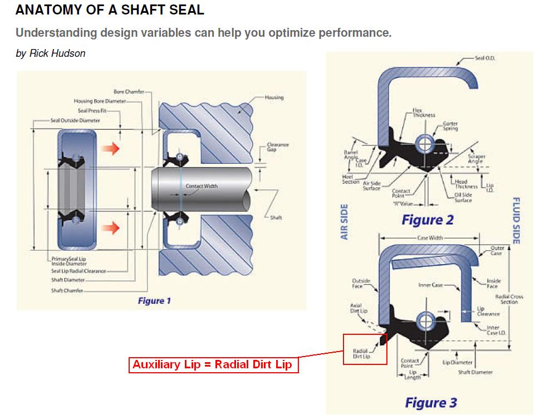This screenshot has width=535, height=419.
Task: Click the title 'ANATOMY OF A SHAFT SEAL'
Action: pyautogui.click(x=110, y=10)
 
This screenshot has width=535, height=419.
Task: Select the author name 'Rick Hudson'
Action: pyautogui.click(x=57, y=53)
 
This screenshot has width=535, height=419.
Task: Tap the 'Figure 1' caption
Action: pyautogui.click(x=154, y=301)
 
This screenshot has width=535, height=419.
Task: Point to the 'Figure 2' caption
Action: pyautogui.click(x=428, y=220)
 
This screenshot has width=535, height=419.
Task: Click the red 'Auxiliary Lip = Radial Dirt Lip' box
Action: pyautogui.click(x=212, y=366)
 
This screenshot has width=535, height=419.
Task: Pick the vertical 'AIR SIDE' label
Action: pyautogui.click(x=344, y=222)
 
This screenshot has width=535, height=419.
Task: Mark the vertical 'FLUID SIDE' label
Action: pyautogui.click(x=516, y=221)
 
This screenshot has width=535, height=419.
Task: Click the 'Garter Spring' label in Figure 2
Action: pyautogui.click(x=450, y=126)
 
